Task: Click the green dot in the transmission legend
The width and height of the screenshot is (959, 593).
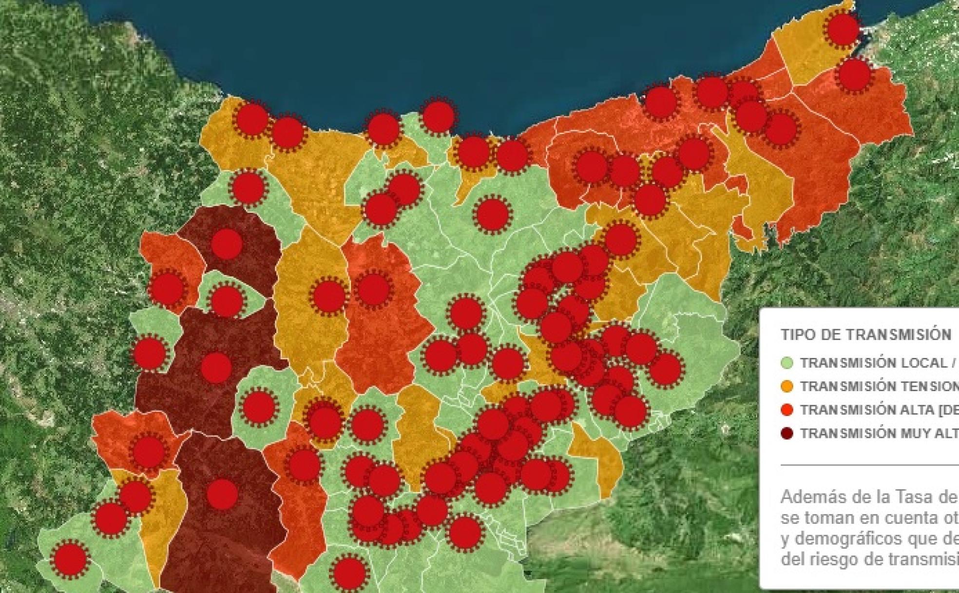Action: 787,363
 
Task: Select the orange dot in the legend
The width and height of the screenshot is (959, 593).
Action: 787,386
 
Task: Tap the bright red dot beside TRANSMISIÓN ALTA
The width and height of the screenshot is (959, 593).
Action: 787,410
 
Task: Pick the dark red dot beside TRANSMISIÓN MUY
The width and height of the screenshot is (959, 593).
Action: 787,433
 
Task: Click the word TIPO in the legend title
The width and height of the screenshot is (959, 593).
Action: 795,335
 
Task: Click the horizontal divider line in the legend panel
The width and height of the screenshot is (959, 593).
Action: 867,465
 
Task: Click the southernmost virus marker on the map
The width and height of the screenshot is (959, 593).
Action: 349,572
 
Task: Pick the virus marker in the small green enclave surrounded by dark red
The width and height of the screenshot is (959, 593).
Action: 227,301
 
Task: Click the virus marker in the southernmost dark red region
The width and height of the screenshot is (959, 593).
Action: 222,494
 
